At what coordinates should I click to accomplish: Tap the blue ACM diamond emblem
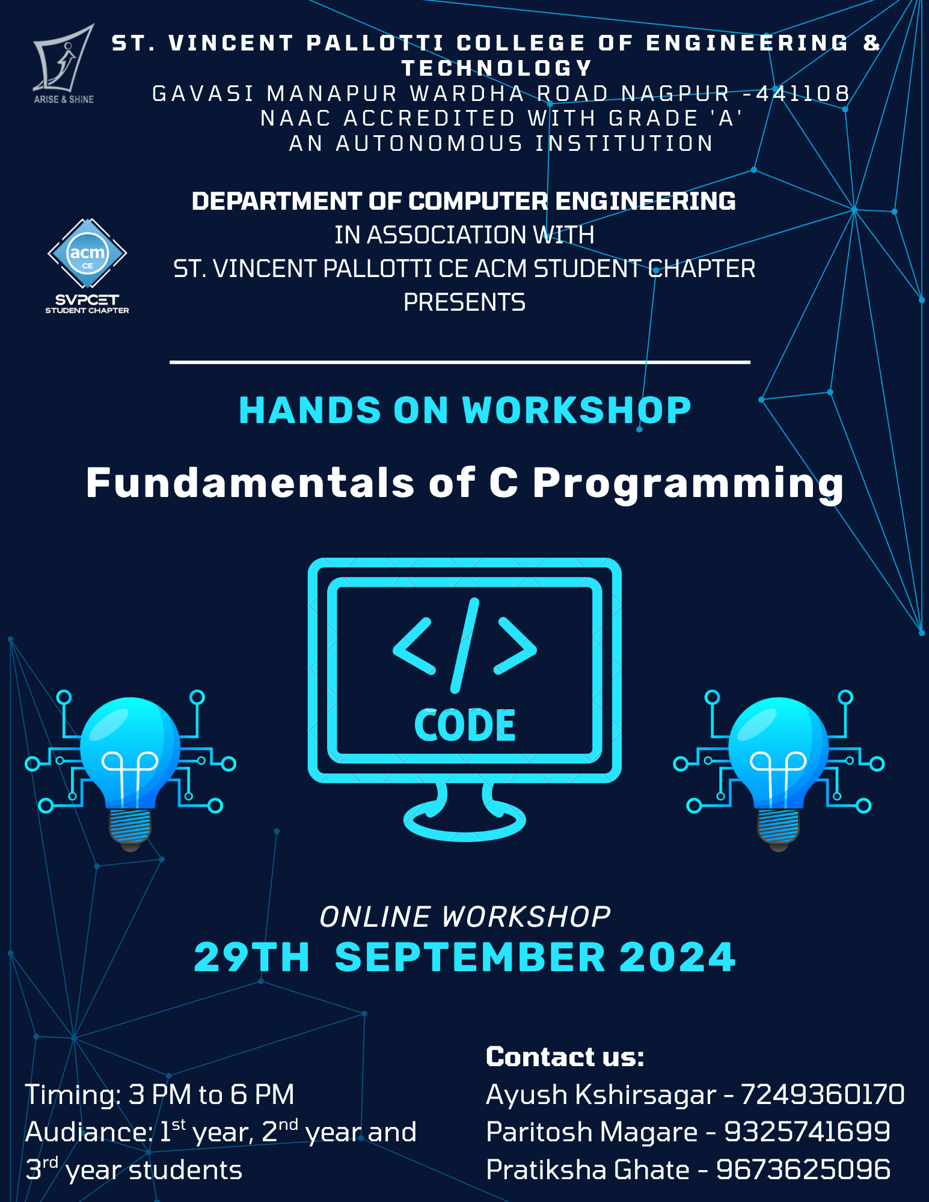87,254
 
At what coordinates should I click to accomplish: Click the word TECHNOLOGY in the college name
497,68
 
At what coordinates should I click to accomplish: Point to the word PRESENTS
464,302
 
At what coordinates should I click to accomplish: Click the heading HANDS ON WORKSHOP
465,410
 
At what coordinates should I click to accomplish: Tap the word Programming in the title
688,484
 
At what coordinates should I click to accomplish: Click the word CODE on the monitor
465,725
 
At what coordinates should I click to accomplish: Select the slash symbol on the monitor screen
465,645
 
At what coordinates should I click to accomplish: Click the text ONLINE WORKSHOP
465,917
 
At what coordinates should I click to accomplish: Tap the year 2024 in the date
677,957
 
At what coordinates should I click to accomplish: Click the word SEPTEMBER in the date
470,957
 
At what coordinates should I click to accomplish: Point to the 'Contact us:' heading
565,1057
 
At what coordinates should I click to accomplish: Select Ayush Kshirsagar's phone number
823,1095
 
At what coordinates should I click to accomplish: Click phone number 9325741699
807,1132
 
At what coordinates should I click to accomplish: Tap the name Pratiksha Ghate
587,1170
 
